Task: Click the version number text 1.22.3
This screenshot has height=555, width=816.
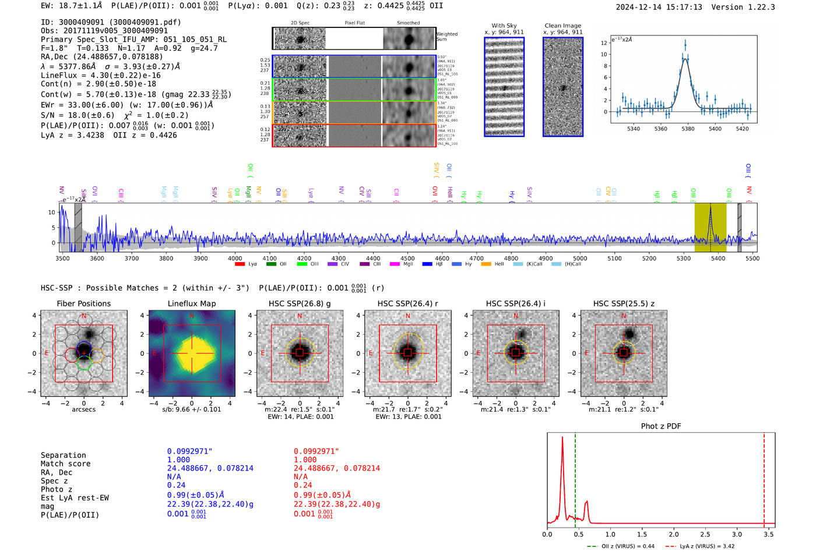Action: [x=762, y=7]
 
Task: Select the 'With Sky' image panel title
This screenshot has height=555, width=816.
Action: [x=504, y=26]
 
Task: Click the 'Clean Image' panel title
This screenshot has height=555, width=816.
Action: [x=562, y=26]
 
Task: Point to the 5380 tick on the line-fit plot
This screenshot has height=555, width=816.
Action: [x=688, y=129]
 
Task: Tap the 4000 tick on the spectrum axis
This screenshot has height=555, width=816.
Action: [x=235, y=258]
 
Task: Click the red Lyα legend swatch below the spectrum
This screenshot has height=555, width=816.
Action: [x=240, y=264]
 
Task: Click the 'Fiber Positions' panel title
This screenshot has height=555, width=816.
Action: [x=83, y=303]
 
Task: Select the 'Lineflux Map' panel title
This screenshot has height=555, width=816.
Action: [x=192, y=303]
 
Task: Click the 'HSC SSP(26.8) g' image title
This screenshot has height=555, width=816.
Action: [x=300, y=303]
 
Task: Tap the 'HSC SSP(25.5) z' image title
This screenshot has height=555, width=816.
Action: [x=624, y=303]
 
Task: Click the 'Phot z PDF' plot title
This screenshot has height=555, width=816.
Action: [x=661, y=426]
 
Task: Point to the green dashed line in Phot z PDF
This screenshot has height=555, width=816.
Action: [x=575, y=478]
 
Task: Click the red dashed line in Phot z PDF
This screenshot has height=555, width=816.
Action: [x=764, y=478]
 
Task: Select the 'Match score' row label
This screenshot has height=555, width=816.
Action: [x=65, y=464]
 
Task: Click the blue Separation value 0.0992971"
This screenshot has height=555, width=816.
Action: [x=189, y=451]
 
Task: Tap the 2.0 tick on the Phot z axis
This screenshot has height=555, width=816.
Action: [x=674, y=534]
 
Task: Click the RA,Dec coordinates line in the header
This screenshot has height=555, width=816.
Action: [x=102, y=56]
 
